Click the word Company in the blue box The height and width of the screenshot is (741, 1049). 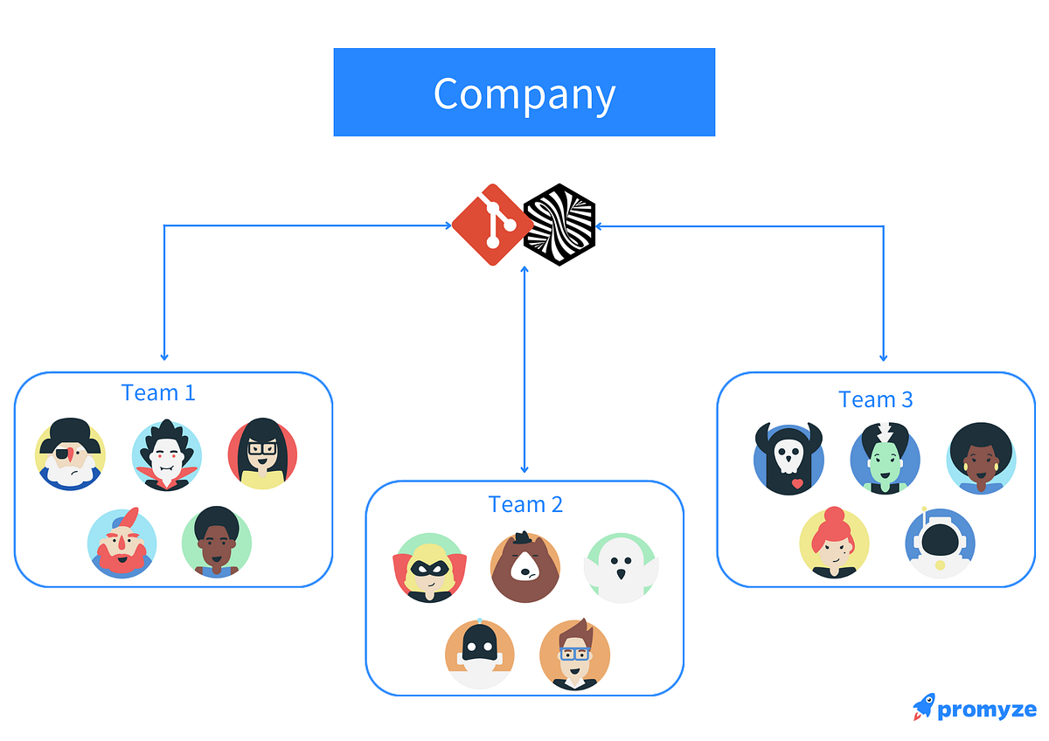point(524,94)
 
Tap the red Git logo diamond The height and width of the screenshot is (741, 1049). point(491,225)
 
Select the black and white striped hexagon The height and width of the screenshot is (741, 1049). point(559,225)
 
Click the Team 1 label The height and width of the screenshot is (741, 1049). point(158,392)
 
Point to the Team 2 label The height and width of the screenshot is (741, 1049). point(525,504)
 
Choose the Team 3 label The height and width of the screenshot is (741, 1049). point(875,399)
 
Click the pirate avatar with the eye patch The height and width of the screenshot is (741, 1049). point(70,454)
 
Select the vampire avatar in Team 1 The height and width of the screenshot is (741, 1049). point(166,455)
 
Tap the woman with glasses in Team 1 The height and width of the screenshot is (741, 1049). point(262,454)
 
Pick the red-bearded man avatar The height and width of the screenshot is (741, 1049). point(122,543)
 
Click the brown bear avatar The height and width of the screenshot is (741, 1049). point(525,567)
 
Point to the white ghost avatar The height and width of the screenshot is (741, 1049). point(621,568)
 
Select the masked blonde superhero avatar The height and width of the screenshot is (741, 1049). point(429,568)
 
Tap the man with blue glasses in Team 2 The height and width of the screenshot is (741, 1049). point(574,654)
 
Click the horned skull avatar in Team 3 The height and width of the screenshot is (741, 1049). point(788,459)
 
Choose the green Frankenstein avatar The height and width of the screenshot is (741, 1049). point(885,458)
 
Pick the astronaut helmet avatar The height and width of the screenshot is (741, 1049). point(940,543)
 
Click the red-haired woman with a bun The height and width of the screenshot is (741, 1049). point(834,543)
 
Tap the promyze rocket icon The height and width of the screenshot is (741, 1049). point(923,707)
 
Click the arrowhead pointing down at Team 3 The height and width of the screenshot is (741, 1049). point(883,357)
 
